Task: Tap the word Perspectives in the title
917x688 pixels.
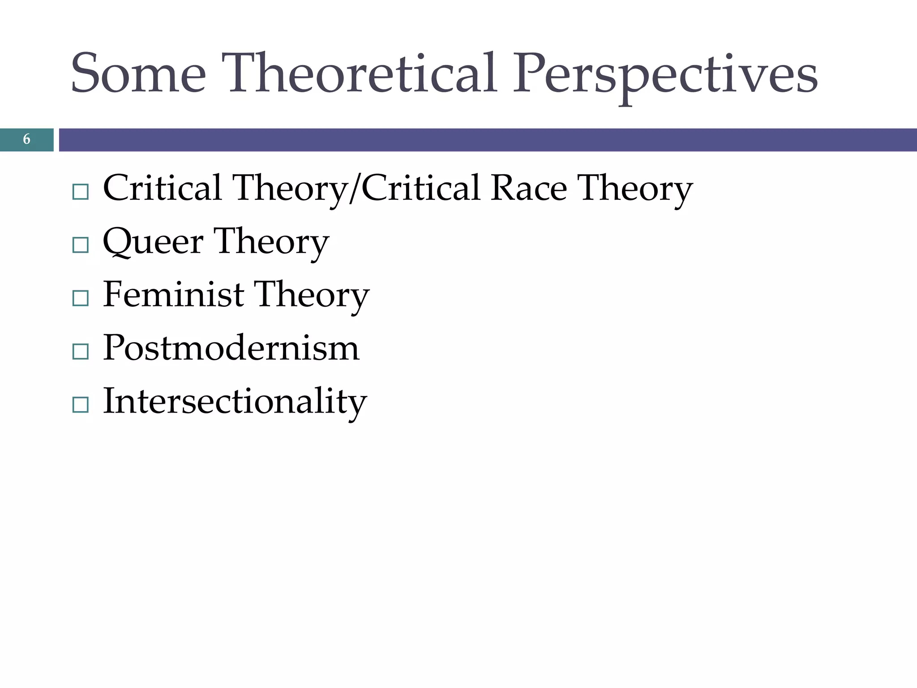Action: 664,76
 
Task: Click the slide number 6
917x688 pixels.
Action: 26,139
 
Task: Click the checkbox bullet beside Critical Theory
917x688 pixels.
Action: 81,192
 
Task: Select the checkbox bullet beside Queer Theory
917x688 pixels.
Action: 81,245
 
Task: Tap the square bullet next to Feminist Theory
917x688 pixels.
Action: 81,298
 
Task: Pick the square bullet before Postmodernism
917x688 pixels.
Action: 81,352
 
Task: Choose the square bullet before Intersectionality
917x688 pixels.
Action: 81,404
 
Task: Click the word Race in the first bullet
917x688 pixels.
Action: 528,188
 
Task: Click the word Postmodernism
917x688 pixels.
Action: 231,348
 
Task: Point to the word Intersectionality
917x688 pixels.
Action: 235,401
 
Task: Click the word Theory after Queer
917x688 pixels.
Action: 271,242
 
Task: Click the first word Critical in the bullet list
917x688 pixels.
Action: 162,188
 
